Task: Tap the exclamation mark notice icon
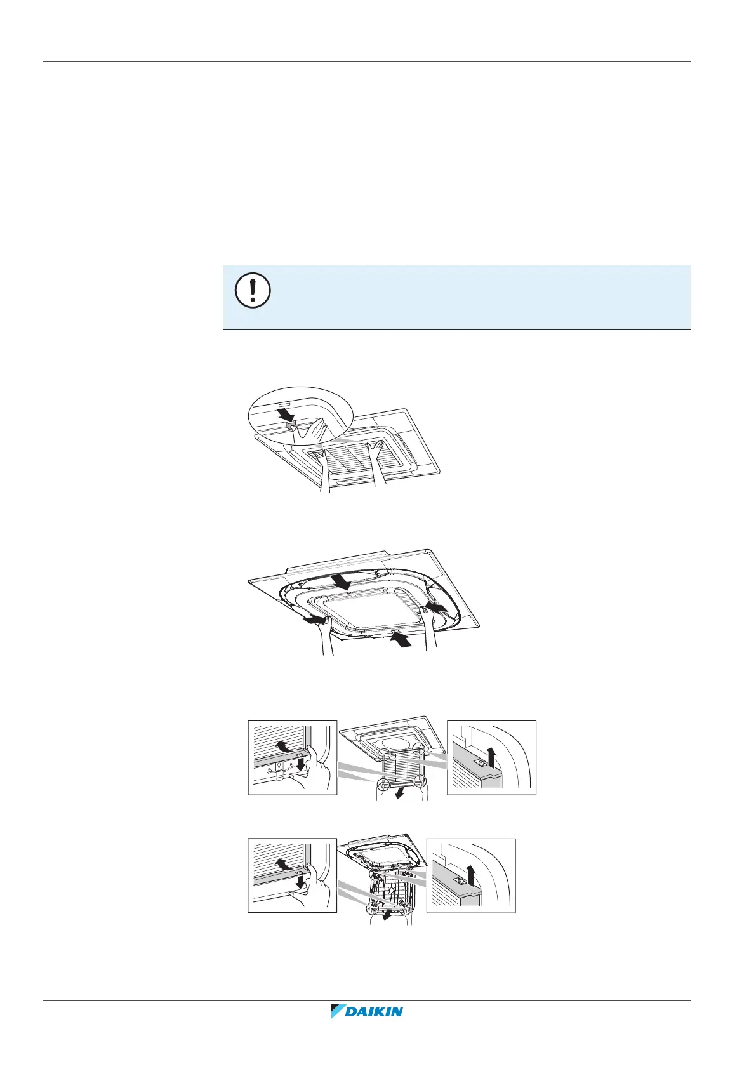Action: [x=253, y=291]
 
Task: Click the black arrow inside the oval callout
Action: [x=287, y=415]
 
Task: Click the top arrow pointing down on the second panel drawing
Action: [x=339, y=581]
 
